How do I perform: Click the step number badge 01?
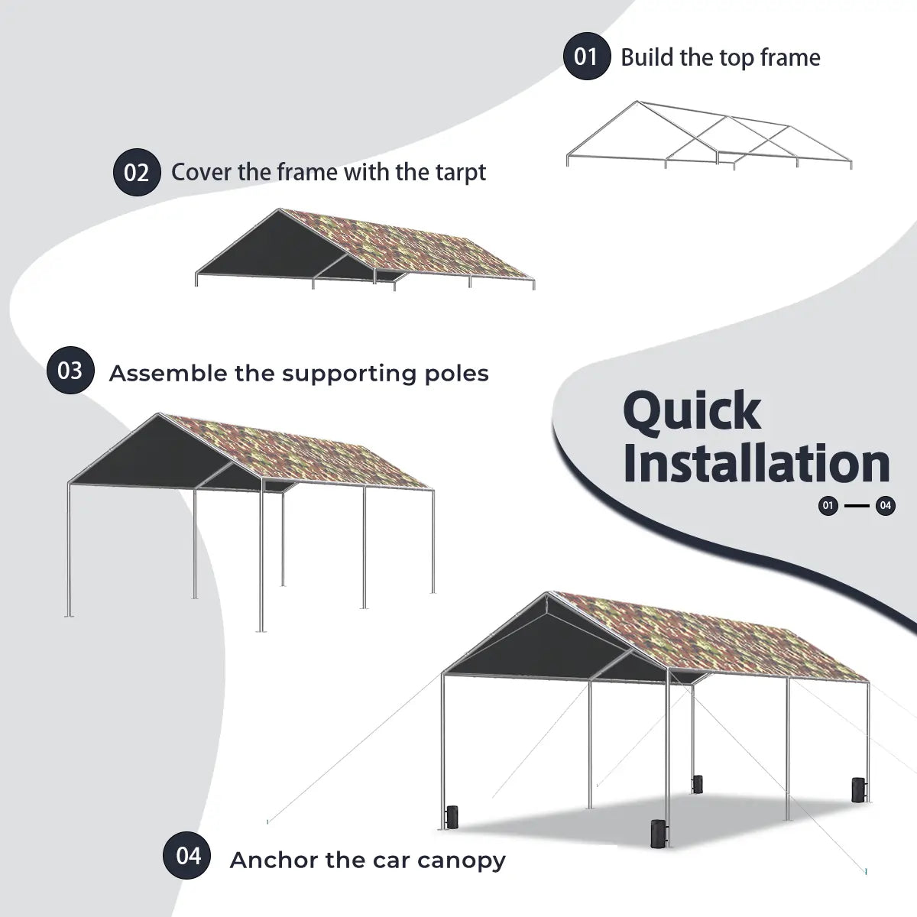click(x=586, y=57)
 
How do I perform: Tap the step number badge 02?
click(x=137, y=172)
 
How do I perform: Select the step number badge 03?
click(x=70, y=371)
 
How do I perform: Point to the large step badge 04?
click(x=187, y=855)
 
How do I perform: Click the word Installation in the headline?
click(x=757, y=463)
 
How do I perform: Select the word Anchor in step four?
click(x=273, y=860)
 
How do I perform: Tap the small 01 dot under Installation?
click(x=828, y=505)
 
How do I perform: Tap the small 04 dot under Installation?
click(x=886, y=505)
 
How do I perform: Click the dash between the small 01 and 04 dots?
click(x=857, y=505)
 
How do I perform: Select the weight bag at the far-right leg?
click(x=859, y=790)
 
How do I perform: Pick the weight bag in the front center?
click(x=656, y=833)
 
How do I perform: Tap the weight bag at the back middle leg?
click(x=697, y=784)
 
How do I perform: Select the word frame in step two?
click(x=306, y=172)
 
